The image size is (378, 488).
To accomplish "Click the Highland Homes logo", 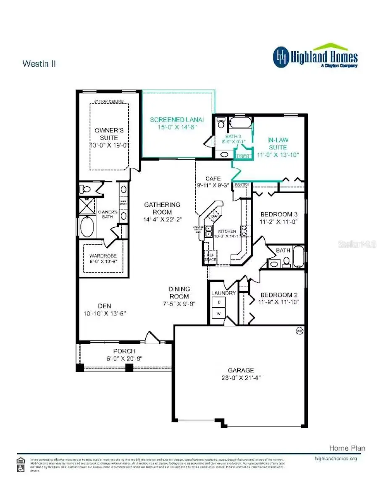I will click(x=315, y=57).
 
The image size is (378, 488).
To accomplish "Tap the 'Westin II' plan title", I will click(x=39, y=64).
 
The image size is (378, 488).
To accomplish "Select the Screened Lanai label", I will click(x=176, y=120).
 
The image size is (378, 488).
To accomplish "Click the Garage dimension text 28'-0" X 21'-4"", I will click(x=241, y=378).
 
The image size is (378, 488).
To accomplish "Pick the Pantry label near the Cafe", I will click(x=242, y=184).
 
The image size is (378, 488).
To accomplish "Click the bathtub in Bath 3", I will click(x=241, y=124).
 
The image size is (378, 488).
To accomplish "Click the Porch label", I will click(x=112, y=351).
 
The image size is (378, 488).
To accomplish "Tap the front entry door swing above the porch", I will click(x=151, y=337).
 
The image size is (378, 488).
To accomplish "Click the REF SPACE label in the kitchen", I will click(x=210, y=257).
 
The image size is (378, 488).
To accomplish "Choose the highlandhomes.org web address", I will click(x=335, y=458).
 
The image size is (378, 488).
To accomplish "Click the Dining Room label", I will click(x=179, y=293).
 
